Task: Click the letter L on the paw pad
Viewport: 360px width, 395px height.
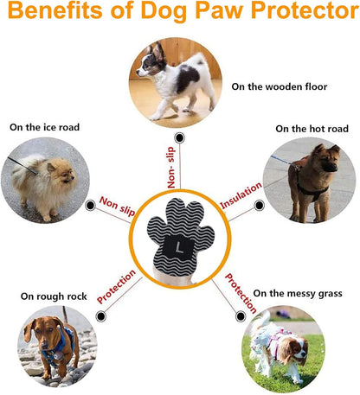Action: [179, 247]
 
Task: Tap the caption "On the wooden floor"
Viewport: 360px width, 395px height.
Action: [280, 86]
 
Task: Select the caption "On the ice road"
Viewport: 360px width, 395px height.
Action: [44, 127]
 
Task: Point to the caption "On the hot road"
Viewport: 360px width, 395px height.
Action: [312, 129]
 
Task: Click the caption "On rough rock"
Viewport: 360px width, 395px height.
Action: [54, 296]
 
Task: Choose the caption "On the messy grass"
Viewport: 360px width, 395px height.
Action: [298, 294]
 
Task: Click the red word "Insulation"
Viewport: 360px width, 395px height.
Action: [241, 195]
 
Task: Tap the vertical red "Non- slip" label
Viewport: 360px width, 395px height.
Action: [170, 168]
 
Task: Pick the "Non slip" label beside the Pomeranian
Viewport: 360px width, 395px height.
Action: [117, 206]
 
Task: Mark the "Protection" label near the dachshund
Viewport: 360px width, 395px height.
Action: [116, 287]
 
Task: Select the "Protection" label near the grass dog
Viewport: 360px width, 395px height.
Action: [241, 293]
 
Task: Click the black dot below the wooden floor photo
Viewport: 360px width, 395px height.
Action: [180, 137]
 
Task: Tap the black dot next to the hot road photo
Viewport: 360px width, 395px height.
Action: [259, 206]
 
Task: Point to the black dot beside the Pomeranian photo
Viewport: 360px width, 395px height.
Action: [91, 206]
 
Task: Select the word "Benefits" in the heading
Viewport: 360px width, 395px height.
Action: [55, 10]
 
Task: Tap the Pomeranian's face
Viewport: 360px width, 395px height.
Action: [66, 175]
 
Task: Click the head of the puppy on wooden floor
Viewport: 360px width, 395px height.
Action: [150, 62]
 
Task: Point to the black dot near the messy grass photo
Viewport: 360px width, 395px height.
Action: [241, 316]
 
